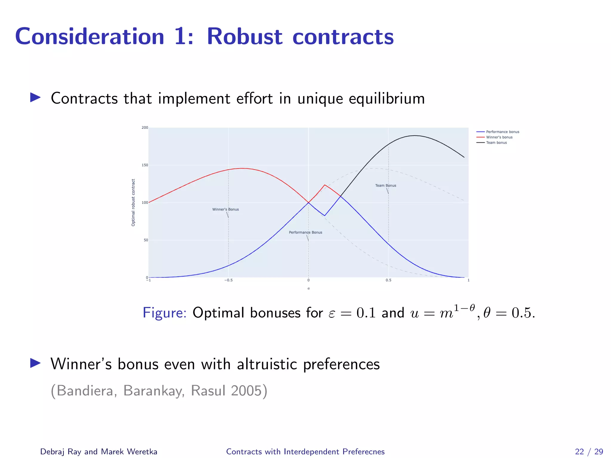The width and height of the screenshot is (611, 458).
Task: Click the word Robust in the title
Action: click(x=244, y=37)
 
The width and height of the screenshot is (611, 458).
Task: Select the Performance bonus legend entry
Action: click(x=502, y=132)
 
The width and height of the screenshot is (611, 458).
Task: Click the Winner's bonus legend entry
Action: click(x=499, y=137)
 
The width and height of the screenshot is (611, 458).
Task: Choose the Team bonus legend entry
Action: click(x=496, y=143)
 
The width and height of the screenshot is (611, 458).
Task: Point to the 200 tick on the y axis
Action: click(x=145, y=128)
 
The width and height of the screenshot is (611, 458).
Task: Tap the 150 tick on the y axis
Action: click(x=145, y=165)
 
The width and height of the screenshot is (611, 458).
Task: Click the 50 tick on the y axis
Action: click(x=146, y=240)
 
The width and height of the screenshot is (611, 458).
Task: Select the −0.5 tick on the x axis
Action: click(x=228, y=280)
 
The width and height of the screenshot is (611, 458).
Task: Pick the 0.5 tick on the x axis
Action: click(x=388, y=280)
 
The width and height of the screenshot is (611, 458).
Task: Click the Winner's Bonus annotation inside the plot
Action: click(x=226, y=209)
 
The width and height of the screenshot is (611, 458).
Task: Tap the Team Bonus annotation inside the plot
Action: click(x=385, y=185)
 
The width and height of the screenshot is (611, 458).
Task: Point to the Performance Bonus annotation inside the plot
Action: click(x=305, y=232)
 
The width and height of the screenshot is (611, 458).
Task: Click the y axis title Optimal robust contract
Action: click(x=133, y=202)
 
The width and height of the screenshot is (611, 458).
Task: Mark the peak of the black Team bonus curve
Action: click(x=415, y=136)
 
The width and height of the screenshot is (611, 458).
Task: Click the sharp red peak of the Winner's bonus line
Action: click(x=325, y=185)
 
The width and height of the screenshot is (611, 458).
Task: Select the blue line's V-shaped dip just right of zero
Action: click(x=325, y=216)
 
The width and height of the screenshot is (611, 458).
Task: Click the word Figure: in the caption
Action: click(x=164, y=313)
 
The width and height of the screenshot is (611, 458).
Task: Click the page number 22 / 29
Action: click(x=589, y=451)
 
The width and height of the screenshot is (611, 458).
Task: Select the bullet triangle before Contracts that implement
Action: click(x=35, y=98)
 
